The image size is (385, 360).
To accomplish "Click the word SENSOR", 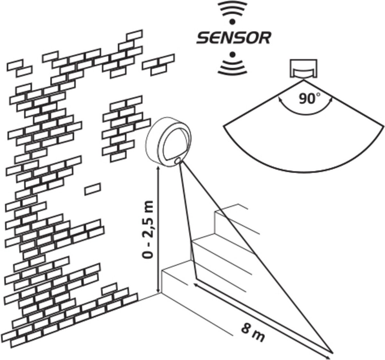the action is pos(233,38).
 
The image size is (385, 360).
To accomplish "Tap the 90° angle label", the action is pos(309,98).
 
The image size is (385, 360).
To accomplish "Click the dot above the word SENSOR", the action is pos(232,22).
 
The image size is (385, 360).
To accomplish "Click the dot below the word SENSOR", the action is pos(233,55).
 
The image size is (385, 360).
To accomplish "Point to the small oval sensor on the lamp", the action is pos(177,160).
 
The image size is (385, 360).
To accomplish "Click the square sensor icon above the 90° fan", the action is pos(304,69).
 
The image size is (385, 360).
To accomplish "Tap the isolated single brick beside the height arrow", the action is pos(92,189).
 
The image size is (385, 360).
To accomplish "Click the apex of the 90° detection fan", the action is pos(304,81).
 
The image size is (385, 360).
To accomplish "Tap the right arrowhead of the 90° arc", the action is pos(331,100).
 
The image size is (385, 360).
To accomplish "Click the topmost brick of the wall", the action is pos(134,35).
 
